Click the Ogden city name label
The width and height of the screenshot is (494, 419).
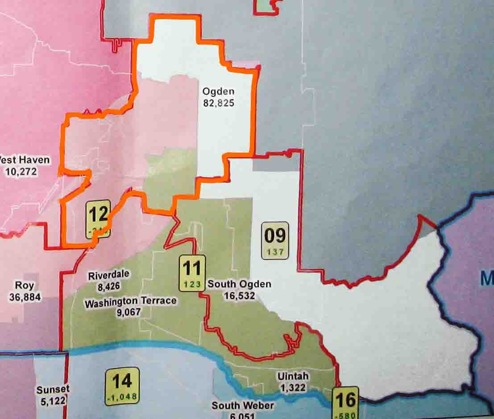pyautogui.click(x=218, y=91)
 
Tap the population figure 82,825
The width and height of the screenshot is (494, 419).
pyautogui.click(x=218, y=103)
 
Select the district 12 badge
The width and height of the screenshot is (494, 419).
pyautogui.click(x=98, y=218)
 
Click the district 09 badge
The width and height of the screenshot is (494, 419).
pyautogui.click(x=275, y=240)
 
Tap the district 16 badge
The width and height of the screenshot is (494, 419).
pyautogui.click(x=345, y=403)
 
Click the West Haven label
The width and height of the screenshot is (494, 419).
pyautogui.click(x=25, y=160)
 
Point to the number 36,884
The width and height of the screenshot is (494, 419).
pyautogui.click(x=25, y=296)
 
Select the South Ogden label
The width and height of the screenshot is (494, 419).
pyautogui.click(x=239, y=284)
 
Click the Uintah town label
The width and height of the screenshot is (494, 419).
pyautogui.click(x=292, y=377)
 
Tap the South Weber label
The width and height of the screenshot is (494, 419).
pyautogui.click(x=243, y=406)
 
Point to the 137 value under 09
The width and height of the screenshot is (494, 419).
pyautogui.click(x=275, y=252)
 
